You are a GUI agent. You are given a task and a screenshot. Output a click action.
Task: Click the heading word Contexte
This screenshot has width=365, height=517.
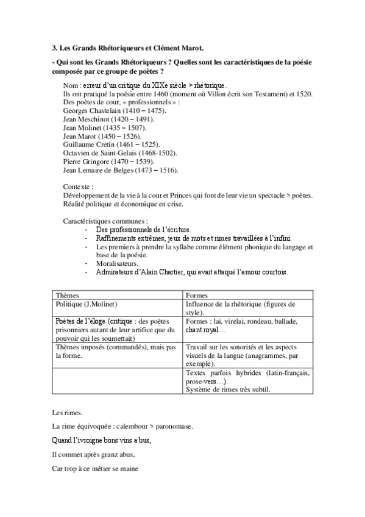click(78, 187)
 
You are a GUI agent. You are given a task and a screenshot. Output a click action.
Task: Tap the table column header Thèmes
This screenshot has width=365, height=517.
click(67, 294)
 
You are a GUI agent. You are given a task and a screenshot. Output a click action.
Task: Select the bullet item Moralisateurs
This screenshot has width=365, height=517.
click(117, 263)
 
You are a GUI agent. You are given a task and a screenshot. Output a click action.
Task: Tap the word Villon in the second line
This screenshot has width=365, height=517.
click(190, 94)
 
